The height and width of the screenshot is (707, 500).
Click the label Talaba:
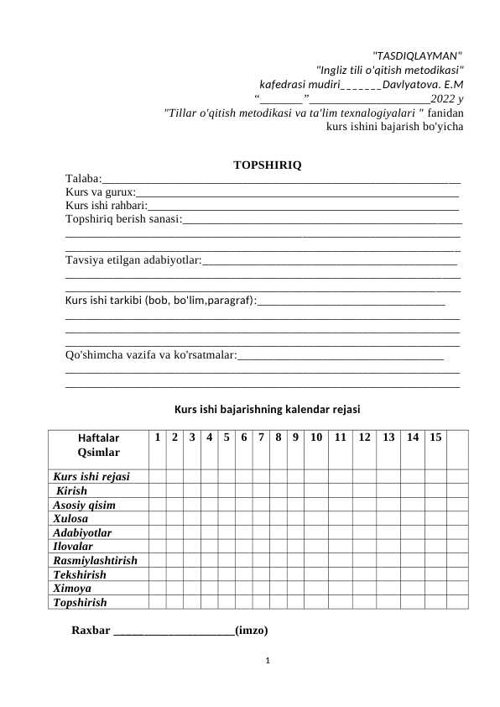pyautogui.click(x=84, y=178)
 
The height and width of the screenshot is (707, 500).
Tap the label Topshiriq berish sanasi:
pyautogui.click(x=123, y=220)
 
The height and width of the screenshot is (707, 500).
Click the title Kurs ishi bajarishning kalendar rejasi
pyautogui.click(x=267, y=410)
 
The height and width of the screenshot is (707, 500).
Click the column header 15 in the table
pyautogui.click(x=435, y=437)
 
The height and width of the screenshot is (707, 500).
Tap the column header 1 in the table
pyautogui.click(x=157, y=437)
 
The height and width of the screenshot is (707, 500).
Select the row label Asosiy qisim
pyautogui.click(x=84, y=505)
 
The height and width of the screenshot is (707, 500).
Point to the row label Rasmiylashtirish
pyautogui.click(x=95, y=559)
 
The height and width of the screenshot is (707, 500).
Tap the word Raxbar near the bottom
pyautogui.click(x=91, y=630)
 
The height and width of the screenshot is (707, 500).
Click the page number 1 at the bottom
pyautogui.click(x=267, y=661)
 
